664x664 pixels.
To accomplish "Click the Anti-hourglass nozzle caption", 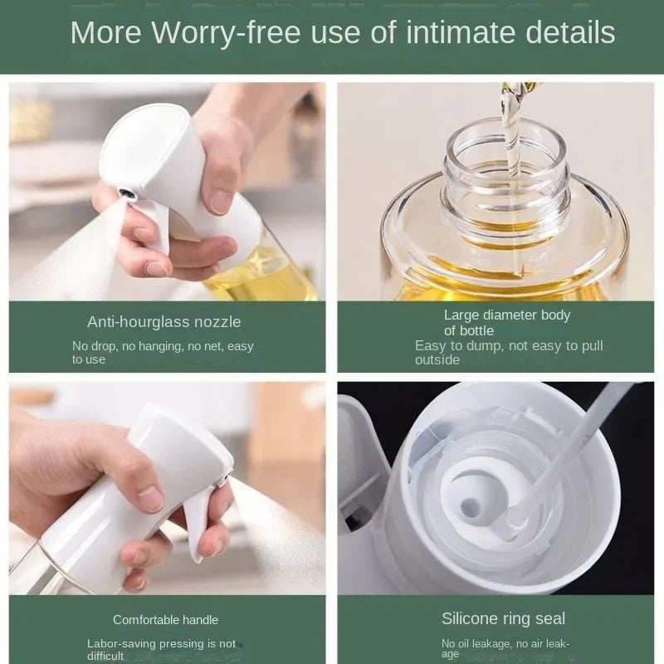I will [x=164, y=321].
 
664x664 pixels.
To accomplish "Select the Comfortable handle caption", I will [x=165, y=619].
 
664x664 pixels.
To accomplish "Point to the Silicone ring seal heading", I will [x=503, y=618].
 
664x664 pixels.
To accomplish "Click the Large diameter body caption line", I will [x=507, y=315].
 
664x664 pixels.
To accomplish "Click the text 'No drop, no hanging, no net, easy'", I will [x=163, y=346].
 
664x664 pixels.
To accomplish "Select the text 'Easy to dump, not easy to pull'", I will [x=509, y=345].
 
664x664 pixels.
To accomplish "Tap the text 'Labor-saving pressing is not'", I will [x=161, y=643].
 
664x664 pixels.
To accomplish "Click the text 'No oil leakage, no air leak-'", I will [x=505, y=643].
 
